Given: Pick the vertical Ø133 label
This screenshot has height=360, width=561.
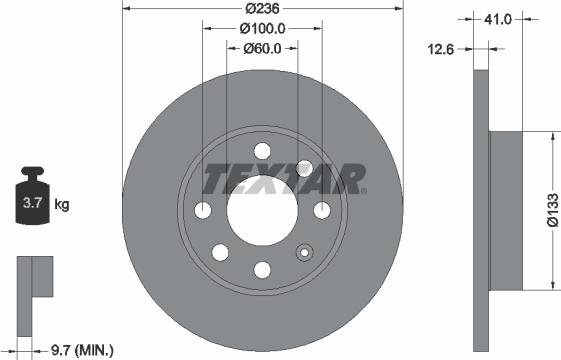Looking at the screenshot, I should coord(550,213).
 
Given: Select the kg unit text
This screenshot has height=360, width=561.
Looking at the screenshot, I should coord(62,205).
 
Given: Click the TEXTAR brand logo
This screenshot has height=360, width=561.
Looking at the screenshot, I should coord(284,180).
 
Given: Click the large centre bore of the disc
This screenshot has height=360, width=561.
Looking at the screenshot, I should coord(263,210).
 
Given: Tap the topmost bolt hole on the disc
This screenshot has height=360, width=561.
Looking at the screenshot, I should coord(263,151).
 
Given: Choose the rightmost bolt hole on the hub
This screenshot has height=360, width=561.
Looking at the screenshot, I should coord(322,210).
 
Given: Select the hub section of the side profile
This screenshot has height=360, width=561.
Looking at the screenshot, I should coord(504,210).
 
